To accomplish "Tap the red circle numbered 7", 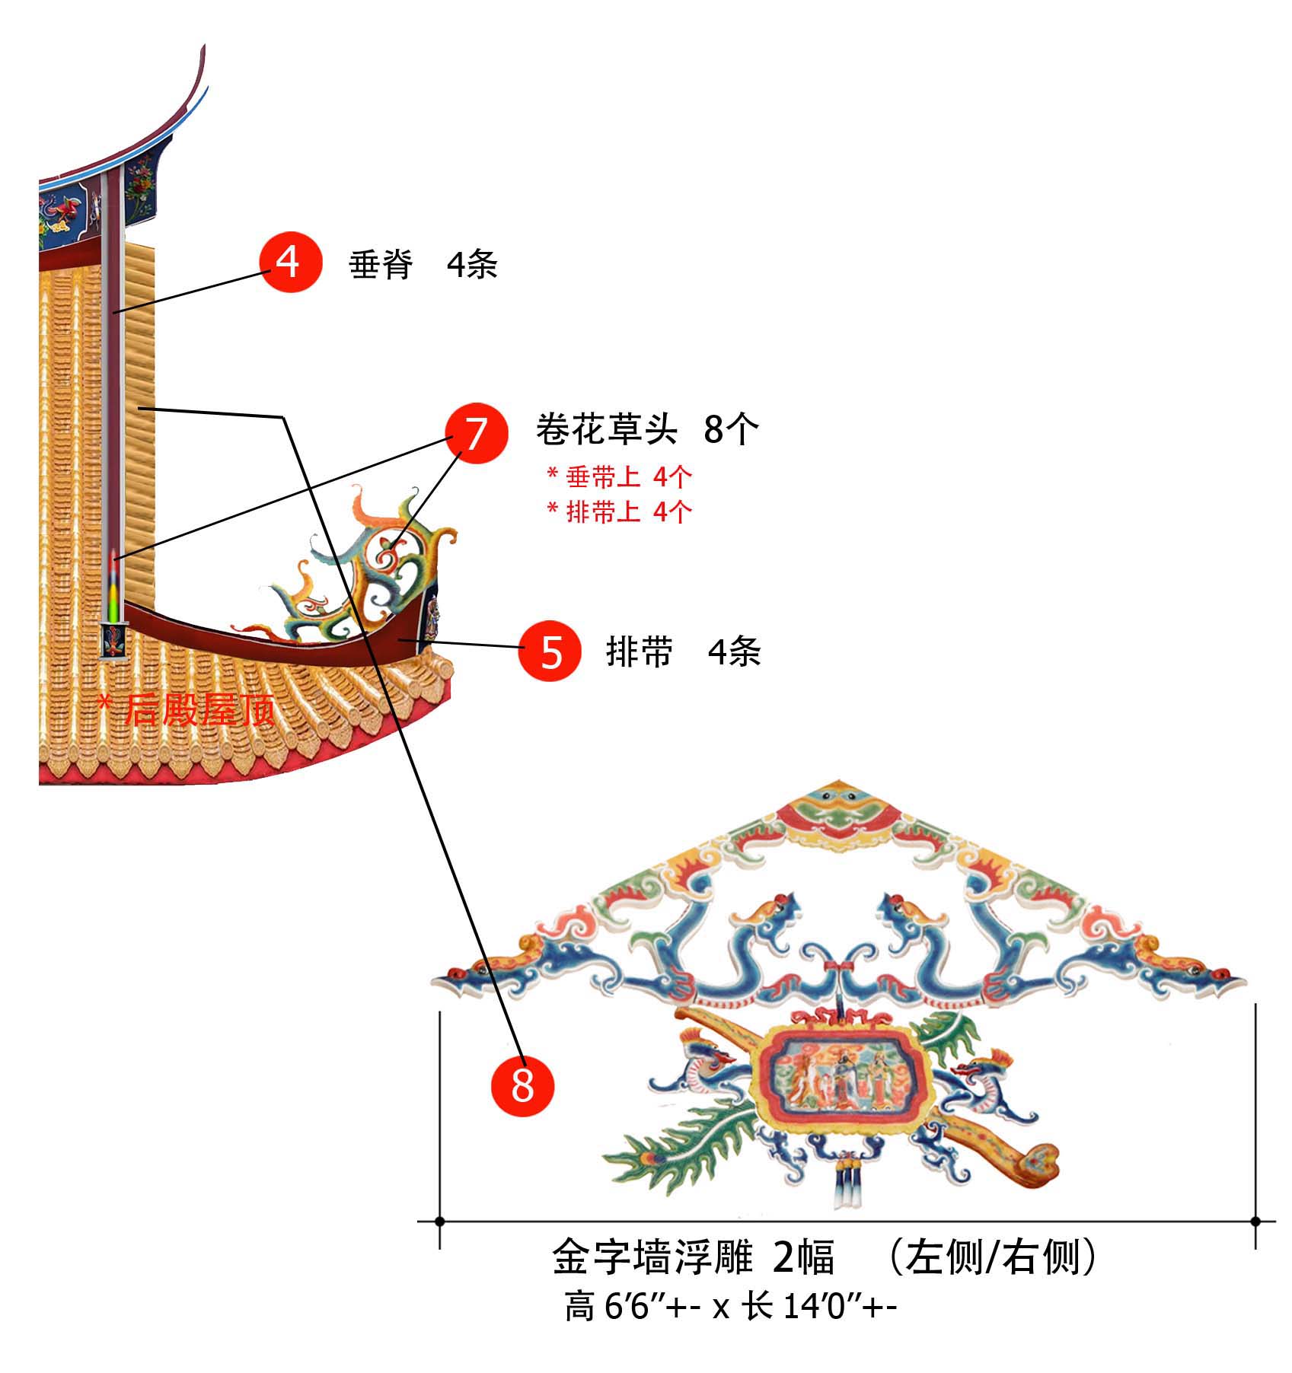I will (476, 432).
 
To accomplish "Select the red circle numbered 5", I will (550, 651).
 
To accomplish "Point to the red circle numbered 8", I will (522, 1085).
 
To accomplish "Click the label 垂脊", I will (381, 265).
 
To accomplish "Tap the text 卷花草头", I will (606, 429).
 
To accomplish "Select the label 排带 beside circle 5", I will (640, 652).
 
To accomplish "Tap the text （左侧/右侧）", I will (993, 1257).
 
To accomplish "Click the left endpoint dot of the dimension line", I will (439, 1222).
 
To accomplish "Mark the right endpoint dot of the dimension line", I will (1255, 1222).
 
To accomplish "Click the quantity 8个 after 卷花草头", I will (731, 429).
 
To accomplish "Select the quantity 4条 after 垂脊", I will (472, 265).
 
